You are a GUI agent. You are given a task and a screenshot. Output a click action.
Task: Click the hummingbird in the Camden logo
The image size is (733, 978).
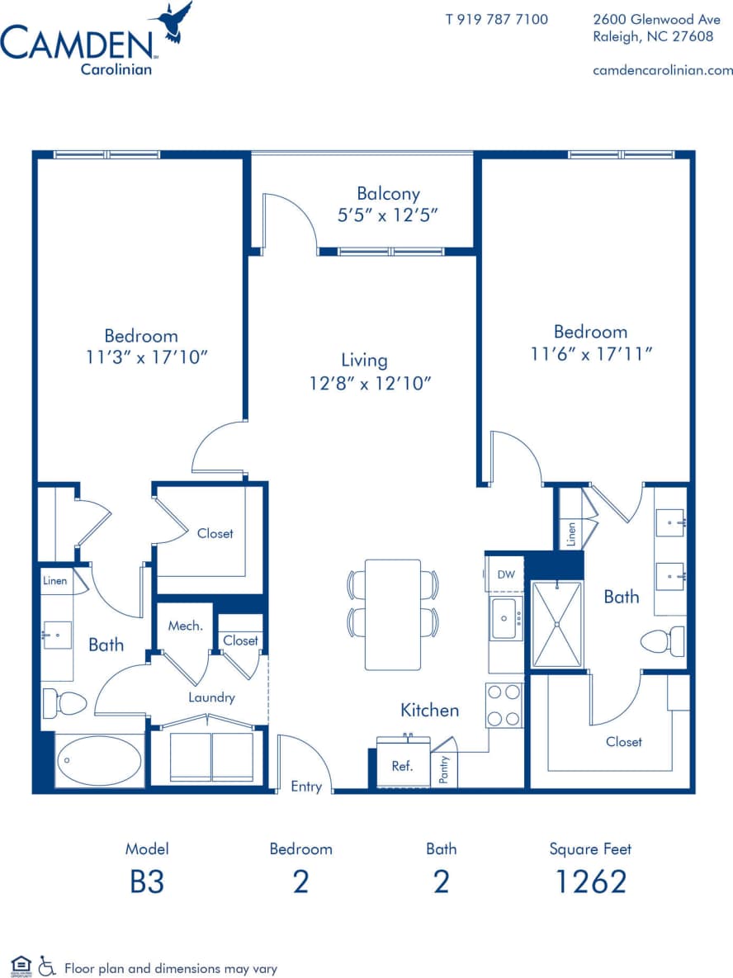tap(173, 22)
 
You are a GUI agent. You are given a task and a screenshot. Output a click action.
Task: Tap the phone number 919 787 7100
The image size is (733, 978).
tap(496, 19)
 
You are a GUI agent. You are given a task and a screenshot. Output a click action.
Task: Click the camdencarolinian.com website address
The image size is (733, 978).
tap(663, 70)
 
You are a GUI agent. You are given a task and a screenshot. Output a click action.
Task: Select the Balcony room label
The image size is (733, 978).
tap(388, 194)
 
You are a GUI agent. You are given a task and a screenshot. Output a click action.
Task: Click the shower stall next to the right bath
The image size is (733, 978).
tap(556, 624)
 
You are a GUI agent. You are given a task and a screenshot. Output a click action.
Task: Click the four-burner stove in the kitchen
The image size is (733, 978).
tap(504, 705)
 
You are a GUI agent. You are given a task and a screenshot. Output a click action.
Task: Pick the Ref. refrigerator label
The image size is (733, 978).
tap(402, 766)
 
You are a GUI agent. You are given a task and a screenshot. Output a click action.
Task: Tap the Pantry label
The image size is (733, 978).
tap(444, 770)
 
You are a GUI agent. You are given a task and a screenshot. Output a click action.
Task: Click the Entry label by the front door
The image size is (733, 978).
tap(306, 787)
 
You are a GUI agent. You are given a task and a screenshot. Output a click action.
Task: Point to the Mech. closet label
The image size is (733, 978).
tap(185, 626)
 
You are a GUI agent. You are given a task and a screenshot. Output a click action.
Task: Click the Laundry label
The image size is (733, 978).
tap(211, 697)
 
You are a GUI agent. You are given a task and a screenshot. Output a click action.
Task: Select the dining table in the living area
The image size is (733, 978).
tap(393, 615)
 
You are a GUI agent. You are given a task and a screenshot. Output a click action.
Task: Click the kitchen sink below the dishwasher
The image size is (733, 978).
tap(504, 619)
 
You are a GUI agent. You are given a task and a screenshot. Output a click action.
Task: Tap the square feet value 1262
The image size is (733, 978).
tap(590, 881)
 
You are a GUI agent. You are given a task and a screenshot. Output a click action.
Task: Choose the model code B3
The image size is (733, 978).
tap(147, 881)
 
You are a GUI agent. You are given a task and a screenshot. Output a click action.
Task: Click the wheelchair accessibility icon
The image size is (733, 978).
tap(47, 966)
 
